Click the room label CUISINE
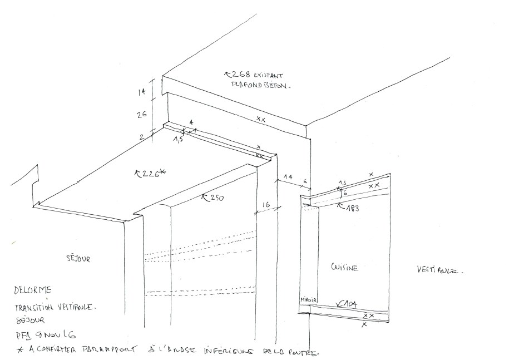pyautogui.click(x=344, y=268)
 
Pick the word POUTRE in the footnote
pyautogui.click(x=305, y=352)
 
